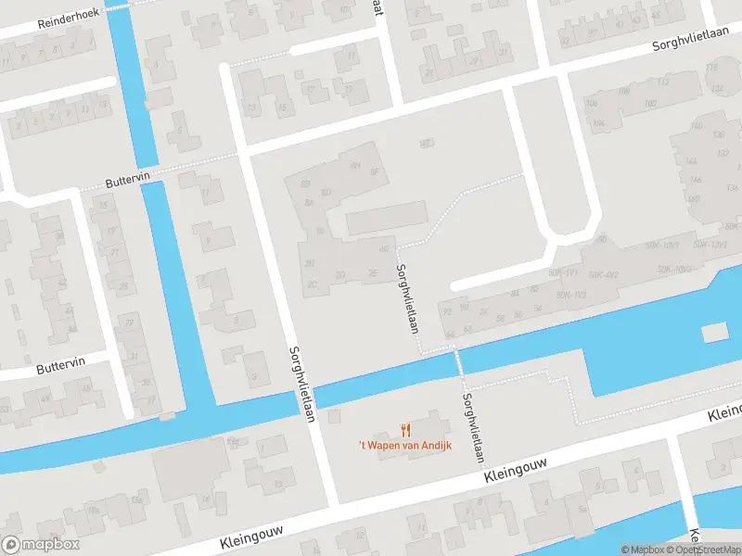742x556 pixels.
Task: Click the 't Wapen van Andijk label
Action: (405, 446)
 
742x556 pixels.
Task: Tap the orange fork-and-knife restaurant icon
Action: (405, 429)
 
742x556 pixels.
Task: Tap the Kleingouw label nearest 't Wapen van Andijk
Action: (517, 470)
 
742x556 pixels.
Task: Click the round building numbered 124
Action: (717, 89)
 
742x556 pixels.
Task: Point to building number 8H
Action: (354, 165)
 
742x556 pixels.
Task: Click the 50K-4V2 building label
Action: (603, 274)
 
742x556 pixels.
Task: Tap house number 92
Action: (447, 311)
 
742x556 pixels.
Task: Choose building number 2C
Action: (313, 284)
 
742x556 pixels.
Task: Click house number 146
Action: (695, 181)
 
